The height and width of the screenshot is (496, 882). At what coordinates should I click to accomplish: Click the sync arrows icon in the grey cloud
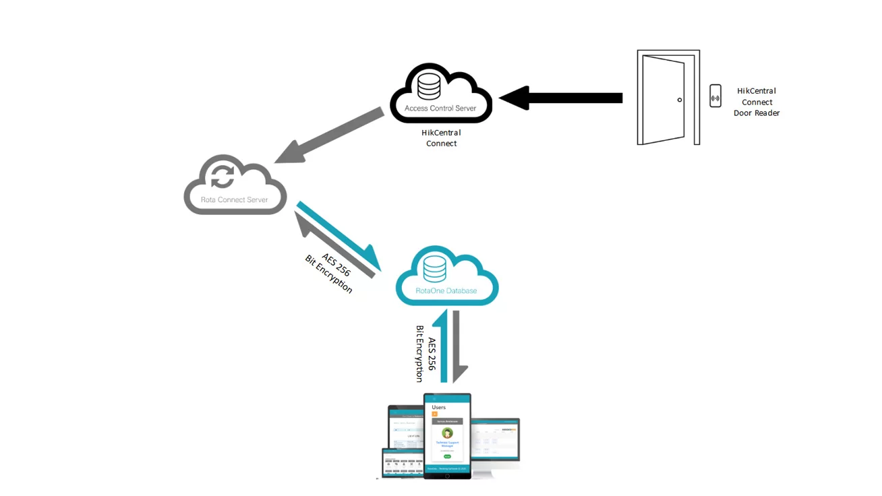pyautogui.click(x=223, y=177)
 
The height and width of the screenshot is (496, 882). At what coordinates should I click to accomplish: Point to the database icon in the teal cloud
pyautogui.click(x=435, y=270)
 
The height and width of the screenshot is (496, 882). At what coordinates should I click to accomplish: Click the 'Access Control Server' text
pyautogui.click(x=440, y=108)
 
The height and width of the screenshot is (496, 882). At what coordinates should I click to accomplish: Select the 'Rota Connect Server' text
pyautogui.click(x=235, y=200)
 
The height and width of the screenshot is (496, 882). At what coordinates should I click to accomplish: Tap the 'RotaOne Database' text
pyautogui.click(x=446, y=291)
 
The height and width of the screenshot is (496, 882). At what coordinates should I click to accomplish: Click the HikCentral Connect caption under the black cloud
pyautogui.click(x=442, y=138)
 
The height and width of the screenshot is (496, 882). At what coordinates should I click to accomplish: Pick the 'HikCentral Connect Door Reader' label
pyautogui.click(x=757, y=102)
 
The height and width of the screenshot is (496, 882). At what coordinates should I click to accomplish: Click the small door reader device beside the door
pyautogui.click(x=715, y=96)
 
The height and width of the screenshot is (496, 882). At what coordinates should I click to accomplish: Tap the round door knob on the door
pyautogui.click(x=680, y=100)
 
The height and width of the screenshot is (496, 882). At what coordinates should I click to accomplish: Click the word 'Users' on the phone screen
pyautogui.click(x=438, y=407)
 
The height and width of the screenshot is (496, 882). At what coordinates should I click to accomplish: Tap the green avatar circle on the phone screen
pyautogui.click(x=447, y=433)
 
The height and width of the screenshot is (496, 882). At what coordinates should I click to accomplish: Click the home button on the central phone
pyautogui.click(x=447, y=476)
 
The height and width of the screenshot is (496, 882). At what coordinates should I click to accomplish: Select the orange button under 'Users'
pyautogui.click(x=435, y=414)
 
